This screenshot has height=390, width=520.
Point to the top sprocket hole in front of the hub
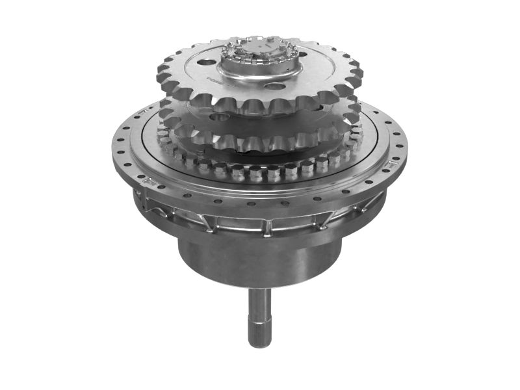click(x=276, y=86)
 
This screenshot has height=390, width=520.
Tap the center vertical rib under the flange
click(x=266, y=227)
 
